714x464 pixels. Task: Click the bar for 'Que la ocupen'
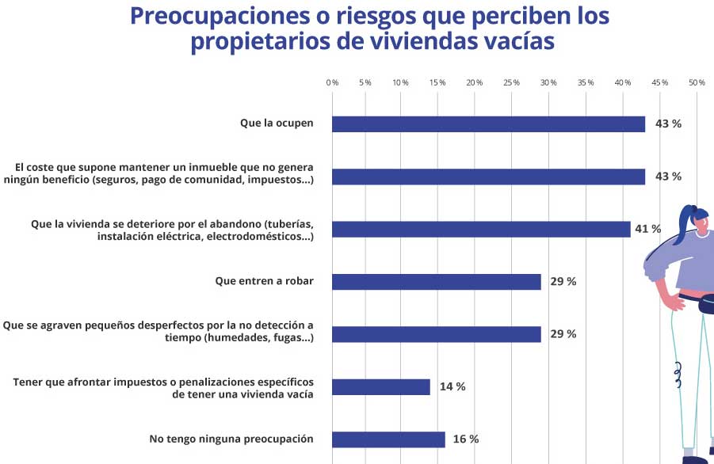pos(488,124)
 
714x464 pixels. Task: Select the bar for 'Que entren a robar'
pos(436,282)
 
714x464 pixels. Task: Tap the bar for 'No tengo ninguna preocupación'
pos(388,439)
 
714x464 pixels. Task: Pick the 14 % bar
pos(381,386)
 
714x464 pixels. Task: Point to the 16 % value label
pos(465,439)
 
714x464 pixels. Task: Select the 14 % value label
pos(452,386)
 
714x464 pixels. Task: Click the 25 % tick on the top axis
pos(511,82)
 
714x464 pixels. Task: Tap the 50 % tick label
pos(697,82)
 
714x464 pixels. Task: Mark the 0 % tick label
pos(332,82)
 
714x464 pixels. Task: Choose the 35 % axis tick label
pos(586,82)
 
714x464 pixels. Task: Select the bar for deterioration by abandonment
pos(481,229)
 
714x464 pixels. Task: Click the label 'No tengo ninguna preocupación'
pos(231,439)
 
